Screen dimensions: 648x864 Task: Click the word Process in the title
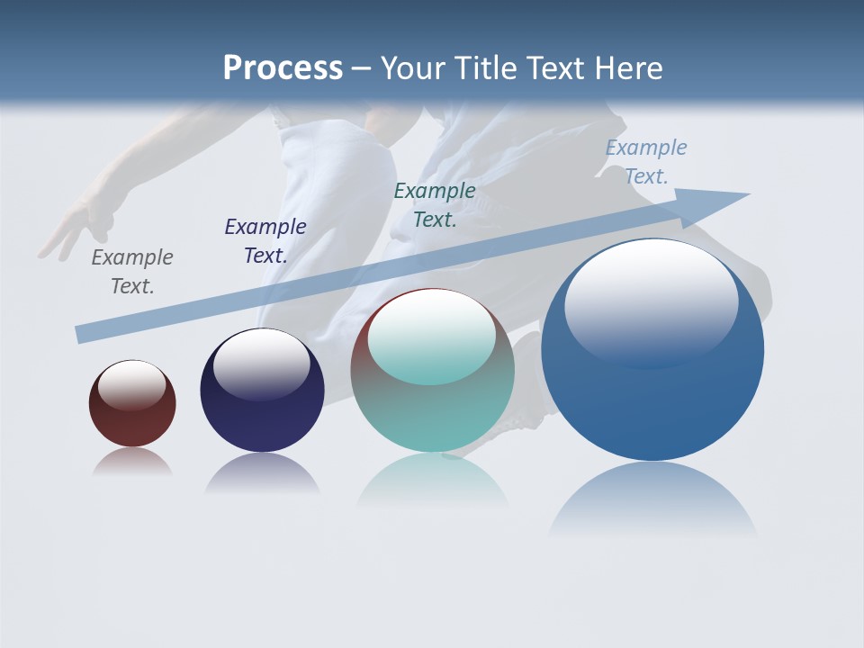[x=283, y=68]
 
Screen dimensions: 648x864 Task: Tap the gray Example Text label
[x=132, y=272]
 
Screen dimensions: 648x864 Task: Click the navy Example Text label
[x=265, y=241]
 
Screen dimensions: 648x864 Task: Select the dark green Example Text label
[x=435, y=205]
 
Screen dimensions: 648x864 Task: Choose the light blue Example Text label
[x=646, y=162]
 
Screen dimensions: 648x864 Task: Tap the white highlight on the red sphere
[x=131, y=384]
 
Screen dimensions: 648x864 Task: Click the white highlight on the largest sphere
[x=651, y=301]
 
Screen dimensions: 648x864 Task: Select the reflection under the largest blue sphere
[x=652, y=499]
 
